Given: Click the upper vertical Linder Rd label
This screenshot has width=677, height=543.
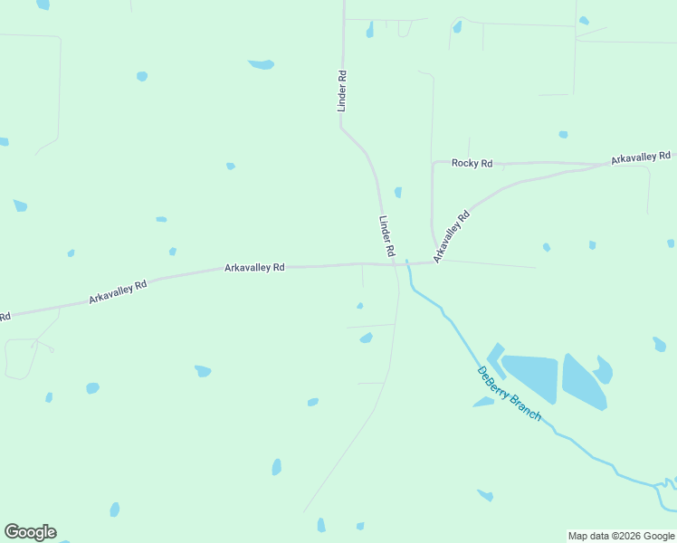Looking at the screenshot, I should point(342,91).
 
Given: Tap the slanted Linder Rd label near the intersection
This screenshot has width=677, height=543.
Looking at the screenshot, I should point(386,234).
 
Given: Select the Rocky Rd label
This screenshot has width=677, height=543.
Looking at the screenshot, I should point(472,163).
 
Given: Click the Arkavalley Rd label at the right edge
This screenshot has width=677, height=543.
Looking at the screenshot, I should point(641,158).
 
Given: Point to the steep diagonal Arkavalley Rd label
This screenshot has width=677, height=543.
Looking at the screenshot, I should point(452,237).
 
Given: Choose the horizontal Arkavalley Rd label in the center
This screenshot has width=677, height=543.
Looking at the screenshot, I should point(254,268).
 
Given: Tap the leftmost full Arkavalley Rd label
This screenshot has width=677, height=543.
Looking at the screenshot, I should point(118,291).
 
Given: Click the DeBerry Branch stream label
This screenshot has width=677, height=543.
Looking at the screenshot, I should point(509,393).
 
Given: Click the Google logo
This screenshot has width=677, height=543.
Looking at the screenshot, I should point(30,532).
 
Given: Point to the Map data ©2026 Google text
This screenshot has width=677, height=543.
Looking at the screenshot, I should point(620,536).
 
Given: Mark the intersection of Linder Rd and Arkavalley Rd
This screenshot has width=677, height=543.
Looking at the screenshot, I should point(396,265).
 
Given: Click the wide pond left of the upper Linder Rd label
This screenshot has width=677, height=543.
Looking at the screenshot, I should point(262,64).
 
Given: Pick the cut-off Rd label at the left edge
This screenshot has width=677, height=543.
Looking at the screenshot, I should point(5,317).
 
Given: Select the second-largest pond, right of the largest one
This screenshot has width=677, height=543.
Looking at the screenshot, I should point(584,380).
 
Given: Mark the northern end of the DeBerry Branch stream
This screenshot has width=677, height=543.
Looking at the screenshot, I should point(407,262).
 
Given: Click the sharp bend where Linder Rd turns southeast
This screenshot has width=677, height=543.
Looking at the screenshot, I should point(341,128).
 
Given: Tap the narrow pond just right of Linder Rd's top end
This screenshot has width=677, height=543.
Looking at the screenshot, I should point(369,30).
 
